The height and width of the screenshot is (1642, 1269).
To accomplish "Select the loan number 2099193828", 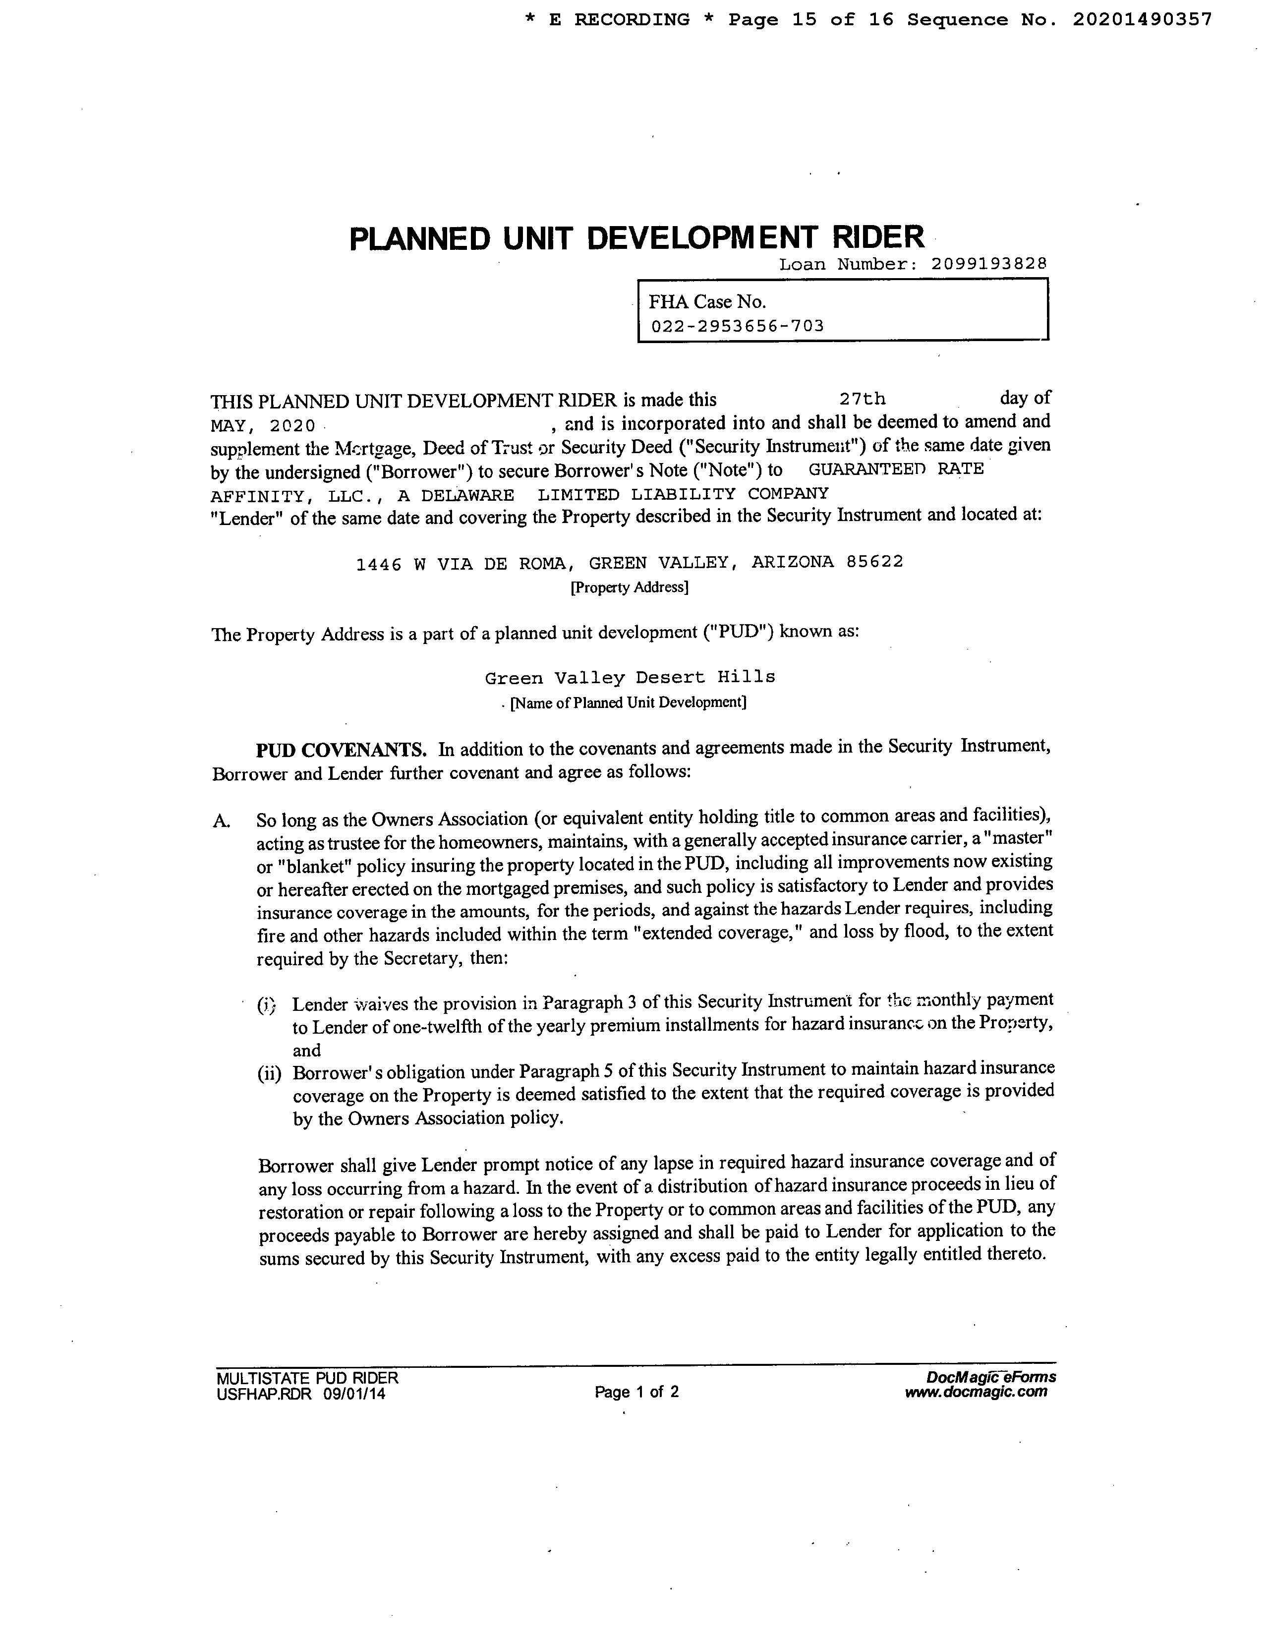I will coord(988,264).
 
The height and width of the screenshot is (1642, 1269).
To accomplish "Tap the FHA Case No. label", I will coord(707,302).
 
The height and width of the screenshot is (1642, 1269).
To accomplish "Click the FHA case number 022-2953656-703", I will coord(738,326).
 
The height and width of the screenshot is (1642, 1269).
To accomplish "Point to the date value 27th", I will coord(863,399).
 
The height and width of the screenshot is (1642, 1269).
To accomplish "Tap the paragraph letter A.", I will coord(221,821).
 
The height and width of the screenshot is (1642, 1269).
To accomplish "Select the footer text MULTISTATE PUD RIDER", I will coord(307,1378).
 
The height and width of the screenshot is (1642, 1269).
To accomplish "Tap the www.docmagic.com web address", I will coord(976,1392).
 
